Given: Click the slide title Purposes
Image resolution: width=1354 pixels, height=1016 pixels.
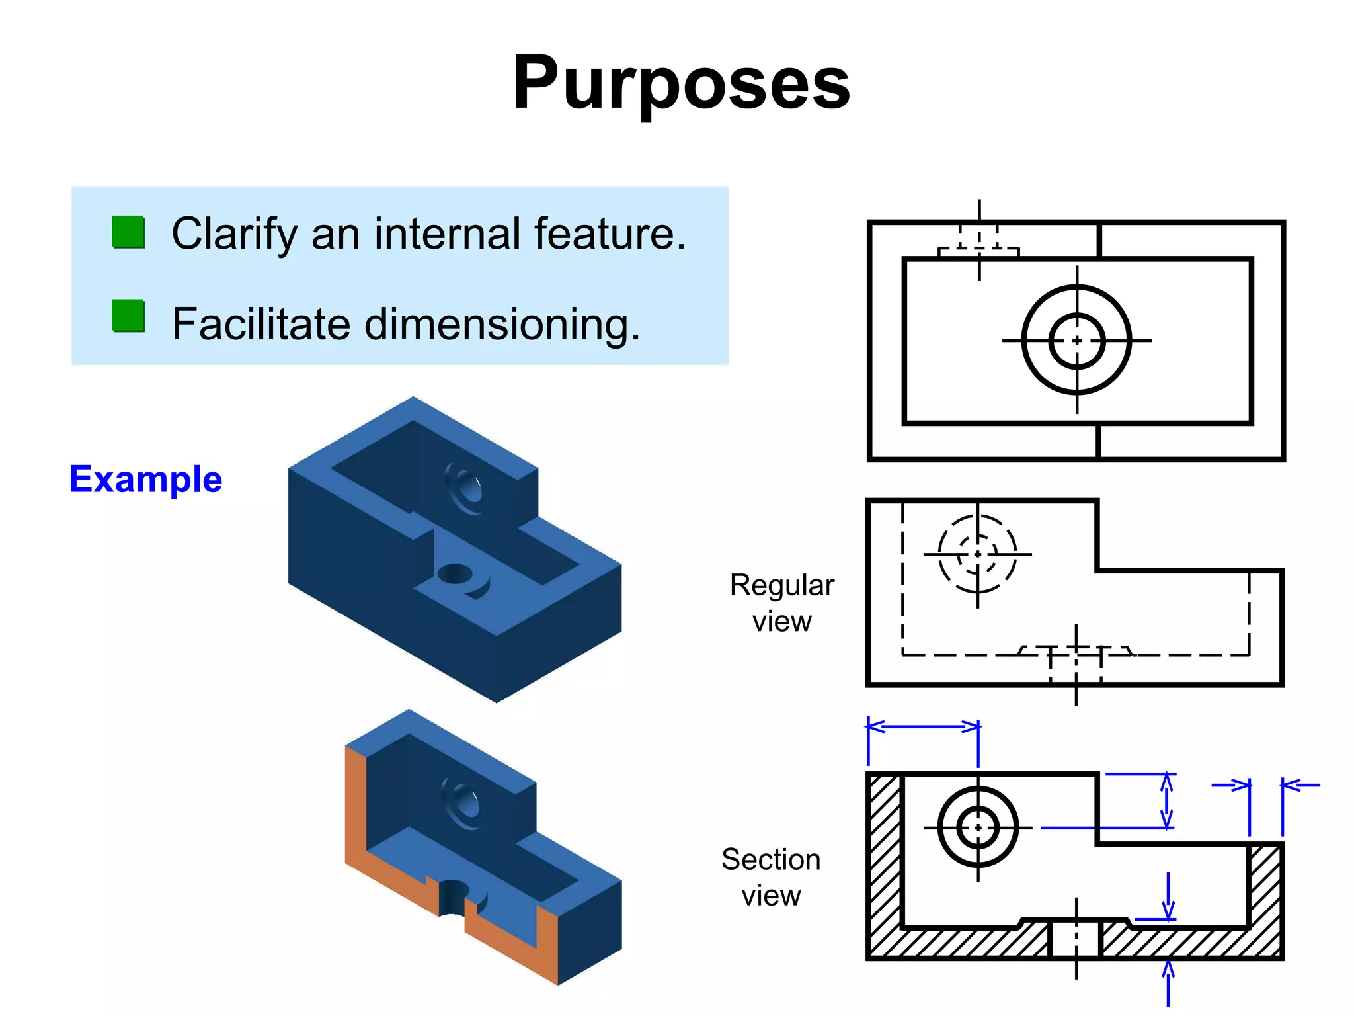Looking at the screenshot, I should (681, 83).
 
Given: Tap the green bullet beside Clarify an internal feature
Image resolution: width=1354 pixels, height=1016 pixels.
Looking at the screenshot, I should (128, 232).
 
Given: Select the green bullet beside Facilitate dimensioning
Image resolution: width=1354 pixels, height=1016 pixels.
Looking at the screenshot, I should (128, 316).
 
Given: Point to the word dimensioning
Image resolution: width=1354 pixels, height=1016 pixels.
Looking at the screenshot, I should (502, 324).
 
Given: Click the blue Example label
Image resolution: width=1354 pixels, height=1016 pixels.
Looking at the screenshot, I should (145, 479).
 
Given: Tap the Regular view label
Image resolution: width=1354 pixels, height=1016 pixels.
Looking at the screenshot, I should (781, 603).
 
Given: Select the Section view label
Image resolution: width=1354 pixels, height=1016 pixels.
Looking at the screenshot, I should (771, 877).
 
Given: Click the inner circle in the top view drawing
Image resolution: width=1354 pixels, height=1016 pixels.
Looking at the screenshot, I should (1077, 341).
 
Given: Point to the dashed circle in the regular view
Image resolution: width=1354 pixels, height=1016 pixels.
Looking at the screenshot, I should (978, 554).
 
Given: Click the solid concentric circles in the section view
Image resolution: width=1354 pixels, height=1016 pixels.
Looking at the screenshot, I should (978, 827).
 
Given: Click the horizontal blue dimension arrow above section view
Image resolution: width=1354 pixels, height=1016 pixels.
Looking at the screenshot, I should (923, 726).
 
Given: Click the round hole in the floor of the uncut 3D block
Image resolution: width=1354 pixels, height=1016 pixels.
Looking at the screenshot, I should (455, 573).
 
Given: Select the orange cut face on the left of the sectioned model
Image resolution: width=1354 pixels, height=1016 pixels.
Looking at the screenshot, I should (356, 807).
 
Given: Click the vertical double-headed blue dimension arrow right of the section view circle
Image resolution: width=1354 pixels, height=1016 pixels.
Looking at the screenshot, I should (1167, 800).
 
